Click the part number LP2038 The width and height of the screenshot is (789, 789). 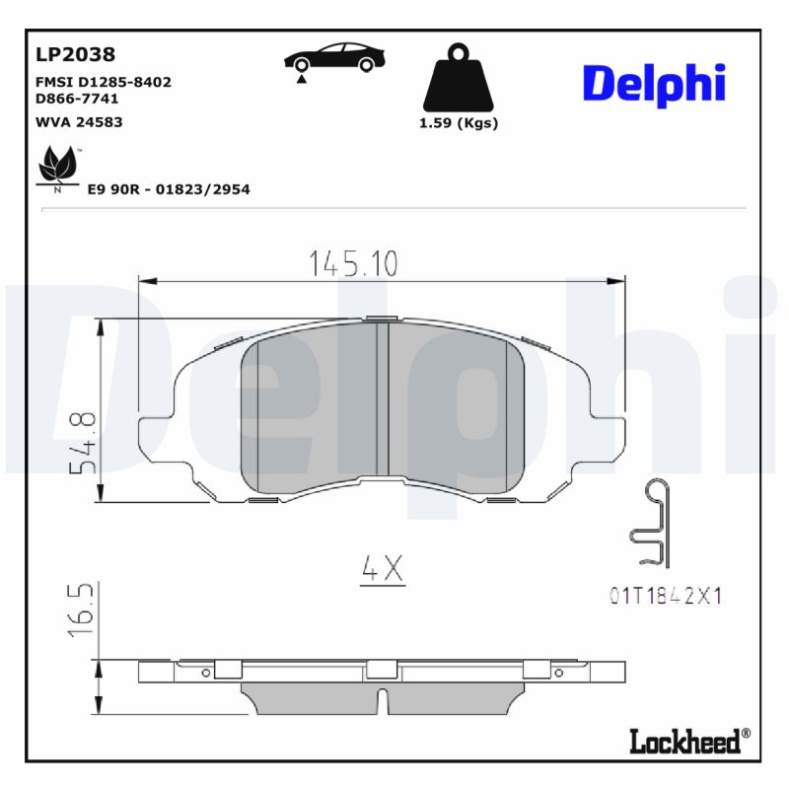tap(75, 54)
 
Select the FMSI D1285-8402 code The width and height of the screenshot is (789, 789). tap(103, 82)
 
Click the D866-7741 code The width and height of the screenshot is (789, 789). tap(78, 100)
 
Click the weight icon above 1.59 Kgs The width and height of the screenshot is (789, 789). tap(457, 77)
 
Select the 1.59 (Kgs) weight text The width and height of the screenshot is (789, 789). tap(458, 123)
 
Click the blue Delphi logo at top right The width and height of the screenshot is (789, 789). tap(654, 85)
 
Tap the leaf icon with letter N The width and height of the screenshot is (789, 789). tap(58, 169)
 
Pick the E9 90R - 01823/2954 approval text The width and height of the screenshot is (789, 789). tap(169, 188)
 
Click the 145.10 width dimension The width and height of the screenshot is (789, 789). tap(353, 263)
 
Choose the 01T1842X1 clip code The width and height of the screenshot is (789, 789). tap(666, 596)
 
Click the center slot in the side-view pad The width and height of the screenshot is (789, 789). tap(383, 701)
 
